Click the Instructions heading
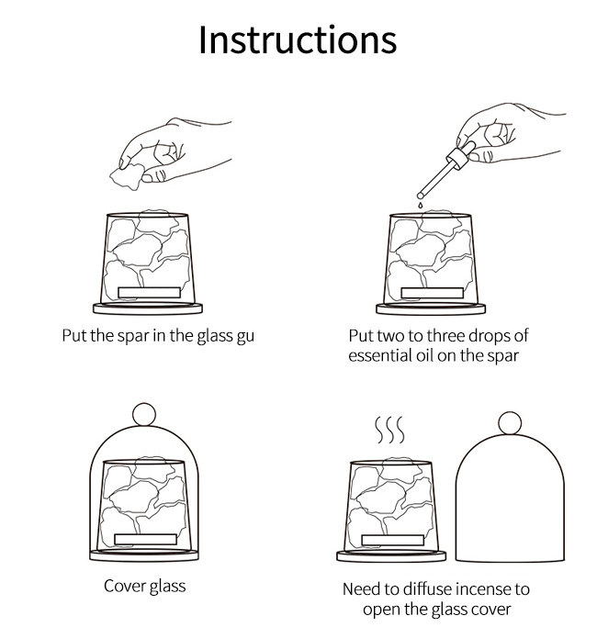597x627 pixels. click(x=298, y=39)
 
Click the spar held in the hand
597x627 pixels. click(x=127, y=176)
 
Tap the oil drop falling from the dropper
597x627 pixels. click(x=420, y=205)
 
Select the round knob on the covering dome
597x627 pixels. click(x=144, y=414)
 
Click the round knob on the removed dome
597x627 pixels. click(x=510, y=423)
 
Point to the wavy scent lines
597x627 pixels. click(x=389, y=430)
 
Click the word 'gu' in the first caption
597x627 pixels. click(x=245, y=336)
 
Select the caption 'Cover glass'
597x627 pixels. click(x=145, y=587)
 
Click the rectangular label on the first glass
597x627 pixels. click(x=149, y=293)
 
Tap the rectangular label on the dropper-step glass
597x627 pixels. click(x=433, y=293)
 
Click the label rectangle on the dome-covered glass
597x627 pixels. click(x=146, y=539)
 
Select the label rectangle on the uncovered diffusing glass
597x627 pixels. click(x=392, y=540)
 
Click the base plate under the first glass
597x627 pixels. click(x=148, y=308)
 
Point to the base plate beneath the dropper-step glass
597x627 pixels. click(x=431, y=308)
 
